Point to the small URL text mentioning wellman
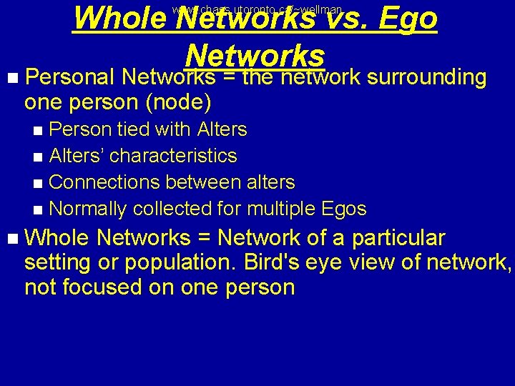257,9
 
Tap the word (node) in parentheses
178,102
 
